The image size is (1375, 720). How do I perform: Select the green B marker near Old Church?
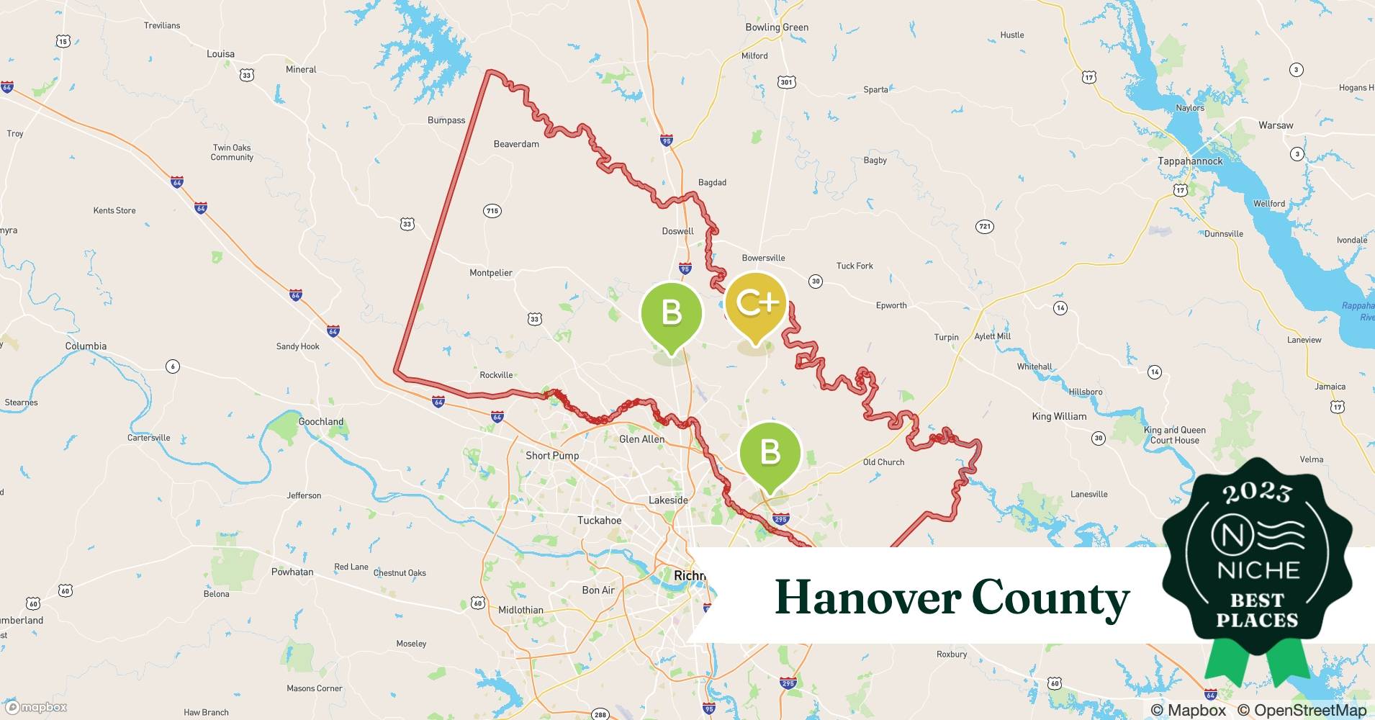[x=770, y=453]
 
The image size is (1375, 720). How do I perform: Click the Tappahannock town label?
[x=1189, y=161]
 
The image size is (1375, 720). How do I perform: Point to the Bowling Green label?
[x=776, y=27]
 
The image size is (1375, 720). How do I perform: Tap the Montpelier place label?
[x=491, y=273]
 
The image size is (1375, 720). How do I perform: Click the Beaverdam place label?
[x=516, y=144]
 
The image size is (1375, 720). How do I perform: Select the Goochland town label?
[x=321, y=422]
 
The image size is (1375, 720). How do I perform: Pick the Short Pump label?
[x=552, y=456]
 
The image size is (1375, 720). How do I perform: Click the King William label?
[x=1059, y=416]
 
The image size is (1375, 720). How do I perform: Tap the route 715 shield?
[x=492, y=211]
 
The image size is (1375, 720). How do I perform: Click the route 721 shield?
[x=985, y=226]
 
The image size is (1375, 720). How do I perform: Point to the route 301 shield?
[x=787, y=82]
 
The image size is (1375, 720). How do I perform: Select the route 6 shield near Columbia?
[x=173, y=366]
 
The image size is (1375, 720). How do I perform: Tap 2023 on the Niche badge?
[x=1257, y=492]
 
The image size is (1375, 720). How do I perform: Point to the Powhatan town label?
[x=292, y=572]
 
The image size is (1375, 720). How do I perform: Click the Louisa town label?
[x=220, y=54]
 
